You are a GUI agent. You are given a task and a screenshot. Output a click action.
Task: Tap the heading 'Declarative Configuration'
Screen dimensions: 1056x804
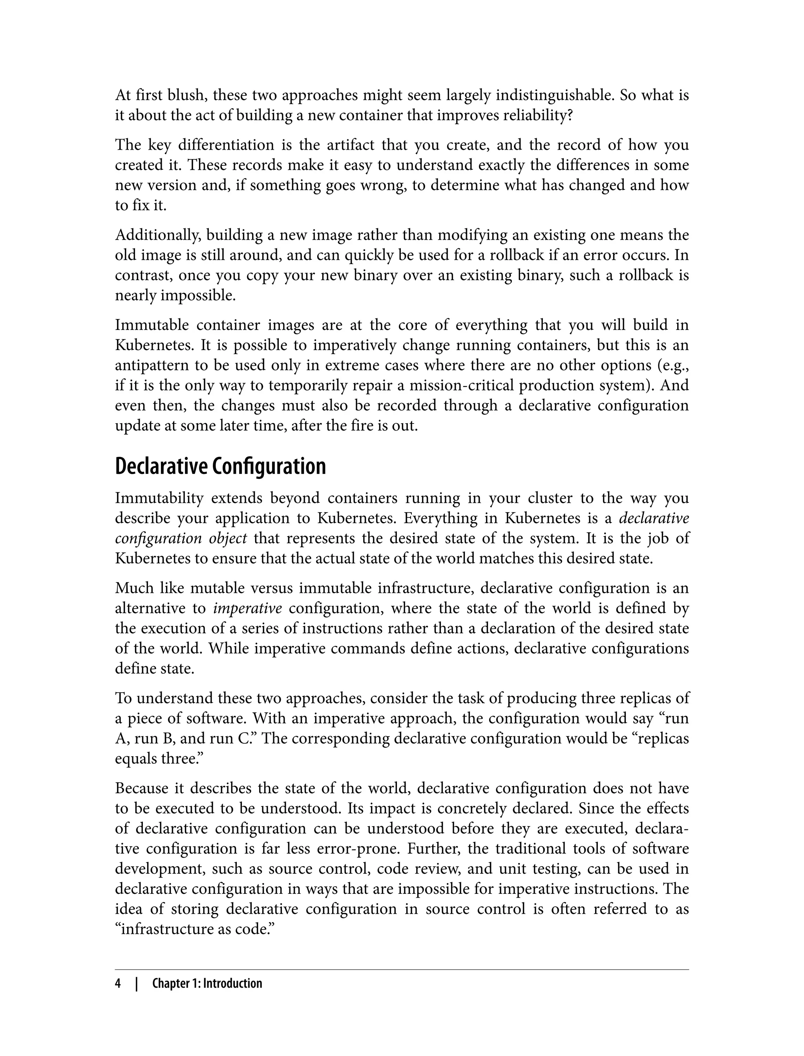pos(220,466)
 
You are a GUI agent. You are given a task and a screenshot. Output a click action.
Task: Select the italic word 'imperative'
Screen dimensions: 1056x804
pos(247,608)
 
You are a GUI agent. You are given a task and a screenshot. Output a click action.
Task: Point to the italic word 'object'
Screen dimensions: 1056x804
pos(228,538)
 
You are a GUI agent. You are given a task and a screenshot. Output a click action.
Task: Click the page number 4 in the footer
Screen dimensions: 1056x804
pos(118,984)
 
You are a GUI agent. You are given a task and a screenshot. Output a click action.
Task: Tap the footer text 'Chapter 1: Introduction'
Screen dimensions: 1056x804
pos(207,984)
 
